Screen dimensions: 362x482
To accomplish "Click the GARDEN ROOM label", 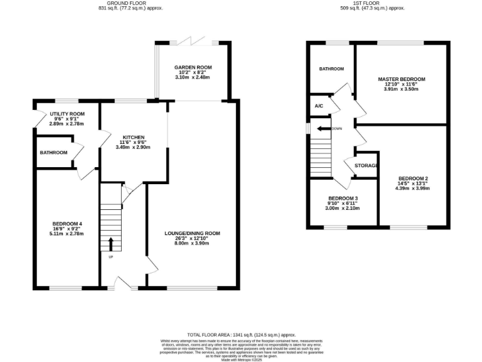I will pos(193,67).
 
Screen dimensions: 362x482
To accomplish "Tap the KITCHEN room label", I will pos(134,137).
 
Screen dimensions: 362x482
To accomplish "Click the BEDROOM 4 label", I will pos(68,224).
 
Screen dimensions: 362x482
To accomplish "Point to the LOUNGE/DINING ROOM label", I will pos(193,233).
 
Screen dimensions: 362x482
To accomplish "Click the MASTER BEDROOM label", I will pos(401,79).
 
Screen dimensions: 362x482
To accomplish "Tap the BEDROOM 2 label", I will pos(412,178).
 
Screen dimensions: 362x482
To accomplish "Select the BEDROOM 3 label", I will pos(343,199).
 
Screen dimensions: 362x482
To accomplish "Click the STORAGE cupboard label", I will pos(367,166).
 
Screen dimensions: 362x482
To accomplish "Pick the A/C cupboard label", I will pos(318,106).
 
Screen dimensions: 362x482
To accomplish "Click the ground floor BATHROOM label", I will pos(53,153).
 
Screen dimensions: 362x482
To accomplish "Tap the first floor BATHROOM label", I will pos(331,69).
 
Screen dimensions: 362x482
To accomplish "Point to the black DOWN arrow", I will pos(323,129).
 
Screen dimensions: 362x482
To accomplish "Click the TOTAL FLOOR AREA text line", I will pos(241,335).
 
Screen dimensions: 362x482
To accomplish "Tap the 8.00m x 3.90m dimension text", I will pos(193,243).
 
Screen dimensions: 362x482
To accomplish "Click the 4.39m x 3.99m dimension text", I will pos(412,188).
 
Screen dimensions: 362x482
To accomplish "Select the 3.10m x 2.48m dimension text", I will pos(193,77).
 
